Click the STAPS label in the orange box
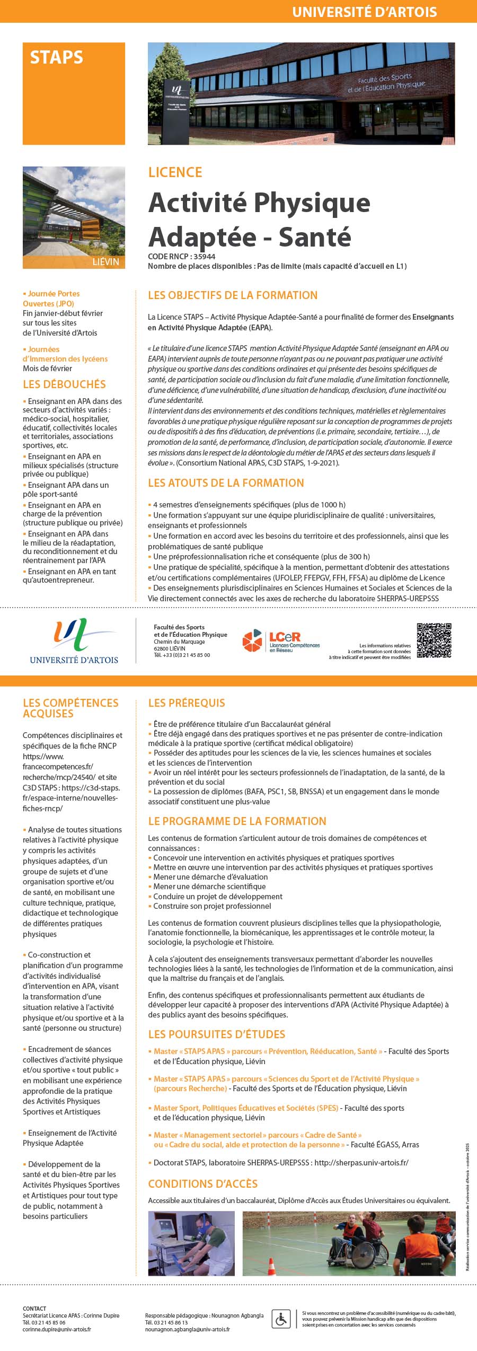coord(56,57)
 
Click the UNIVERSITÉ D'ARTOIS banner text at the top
coord(365,12)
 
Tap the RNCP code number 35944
coord(204,257)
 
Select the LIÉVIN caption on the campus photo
coord(105,262)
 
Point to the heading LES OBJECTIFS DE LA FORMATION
coord(233,295)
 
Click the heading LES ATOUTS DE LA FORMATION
coord(226,483)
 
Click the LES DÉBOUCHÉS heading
coord(64,384)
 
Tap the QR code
coord(434,641)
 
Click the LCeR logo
coord(281,641)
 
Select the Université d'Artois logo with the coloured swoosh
coord(74,641)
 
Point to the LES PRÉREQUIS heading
coord(187,703)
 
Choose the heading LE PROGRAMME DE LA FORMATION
coord(237,821)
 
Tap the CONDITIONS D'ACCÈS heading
coord(202,1184)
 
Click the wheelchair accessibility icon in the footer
coord(280,1318)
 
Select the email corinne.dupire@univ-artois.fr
coord(57,1329)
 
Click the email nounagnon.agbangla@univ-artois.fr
coord(187,1329)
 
